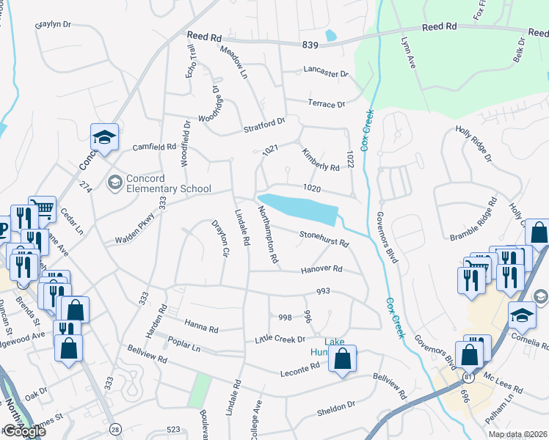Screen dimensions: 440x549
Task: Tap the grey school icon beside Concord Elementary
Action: (x=115, y=181)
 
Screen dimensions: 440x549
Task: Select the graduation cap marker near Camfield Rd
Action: (x=104, y=137)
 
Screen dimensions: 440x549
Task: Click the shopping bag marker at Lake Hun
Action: (x=342, y=359)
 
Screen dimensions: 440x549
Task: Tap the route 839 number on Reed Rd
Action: (x=310, y=45)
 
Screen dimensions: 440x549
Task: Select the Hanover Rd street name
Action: (x=321, y=270)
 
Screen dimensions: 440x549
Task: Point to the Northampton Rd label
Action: (x=268, y=234)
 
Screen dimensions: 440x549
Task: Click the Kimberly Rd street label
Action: (x=321, y=159)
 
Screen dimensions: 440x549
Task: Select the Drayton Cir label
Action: (x=221, y=238)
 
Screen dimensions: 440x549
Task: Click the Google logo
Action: (x=23, y=431)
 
